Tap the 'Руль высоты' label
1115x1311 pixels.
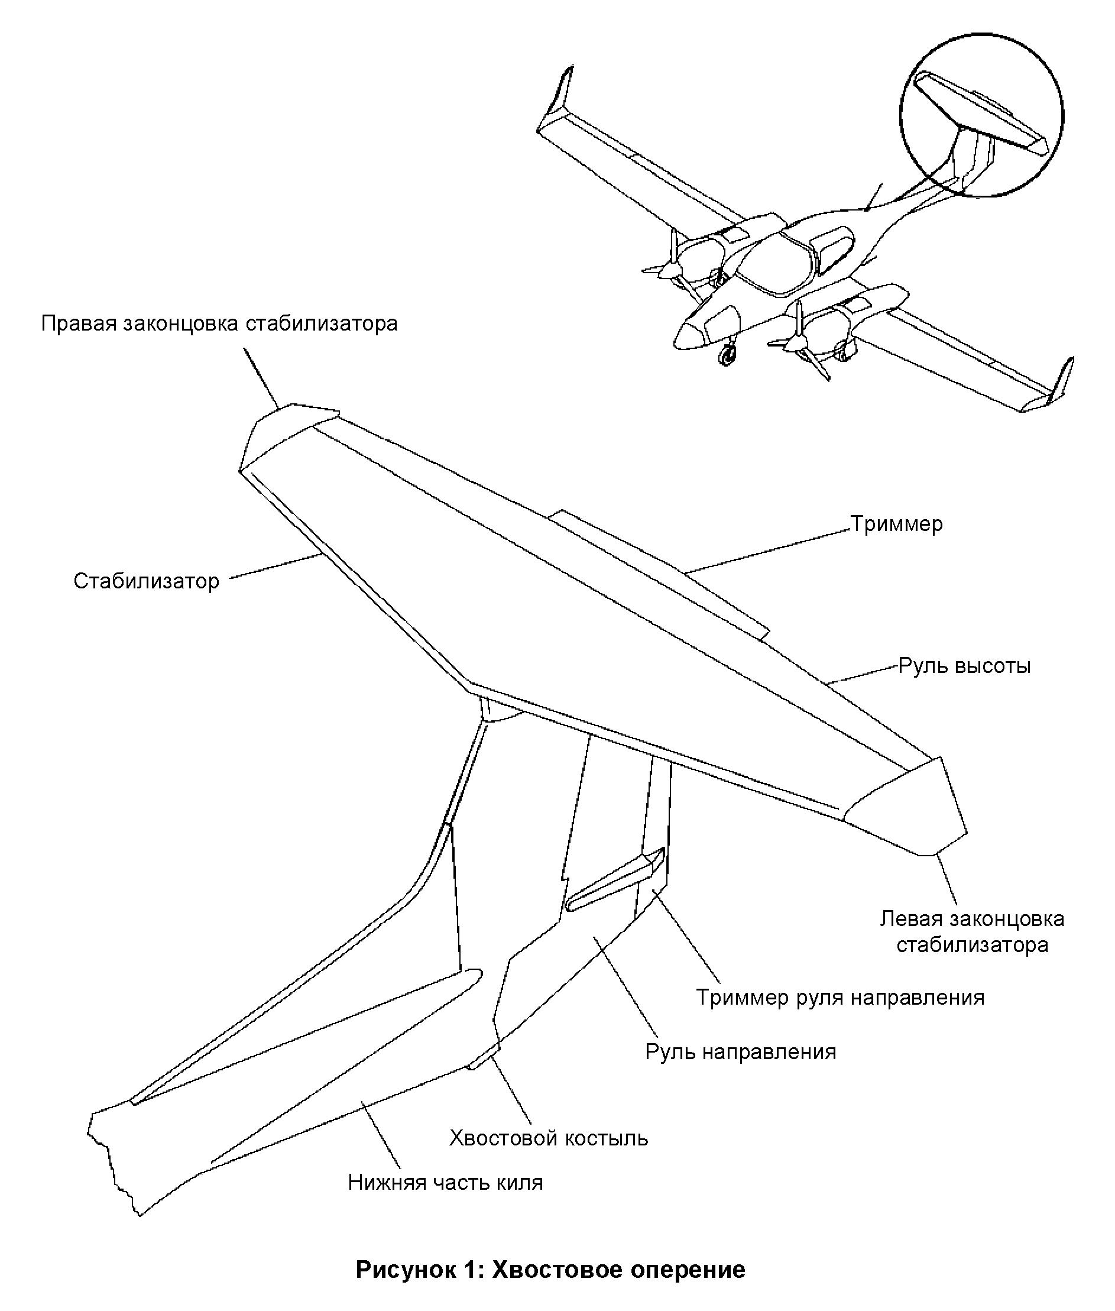pos(965,666)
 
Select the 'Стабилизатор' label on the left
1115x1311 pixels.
pos(146,580)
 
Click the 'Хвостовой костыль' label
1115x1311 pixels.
pos(549,1138)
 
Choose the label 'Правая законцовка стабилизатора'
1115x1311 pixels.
pos(219,323)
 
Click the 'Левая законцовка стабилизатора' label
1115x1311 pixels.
pos(972,932)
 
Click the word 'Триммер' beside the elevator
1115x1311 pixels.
pos(896,524)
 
